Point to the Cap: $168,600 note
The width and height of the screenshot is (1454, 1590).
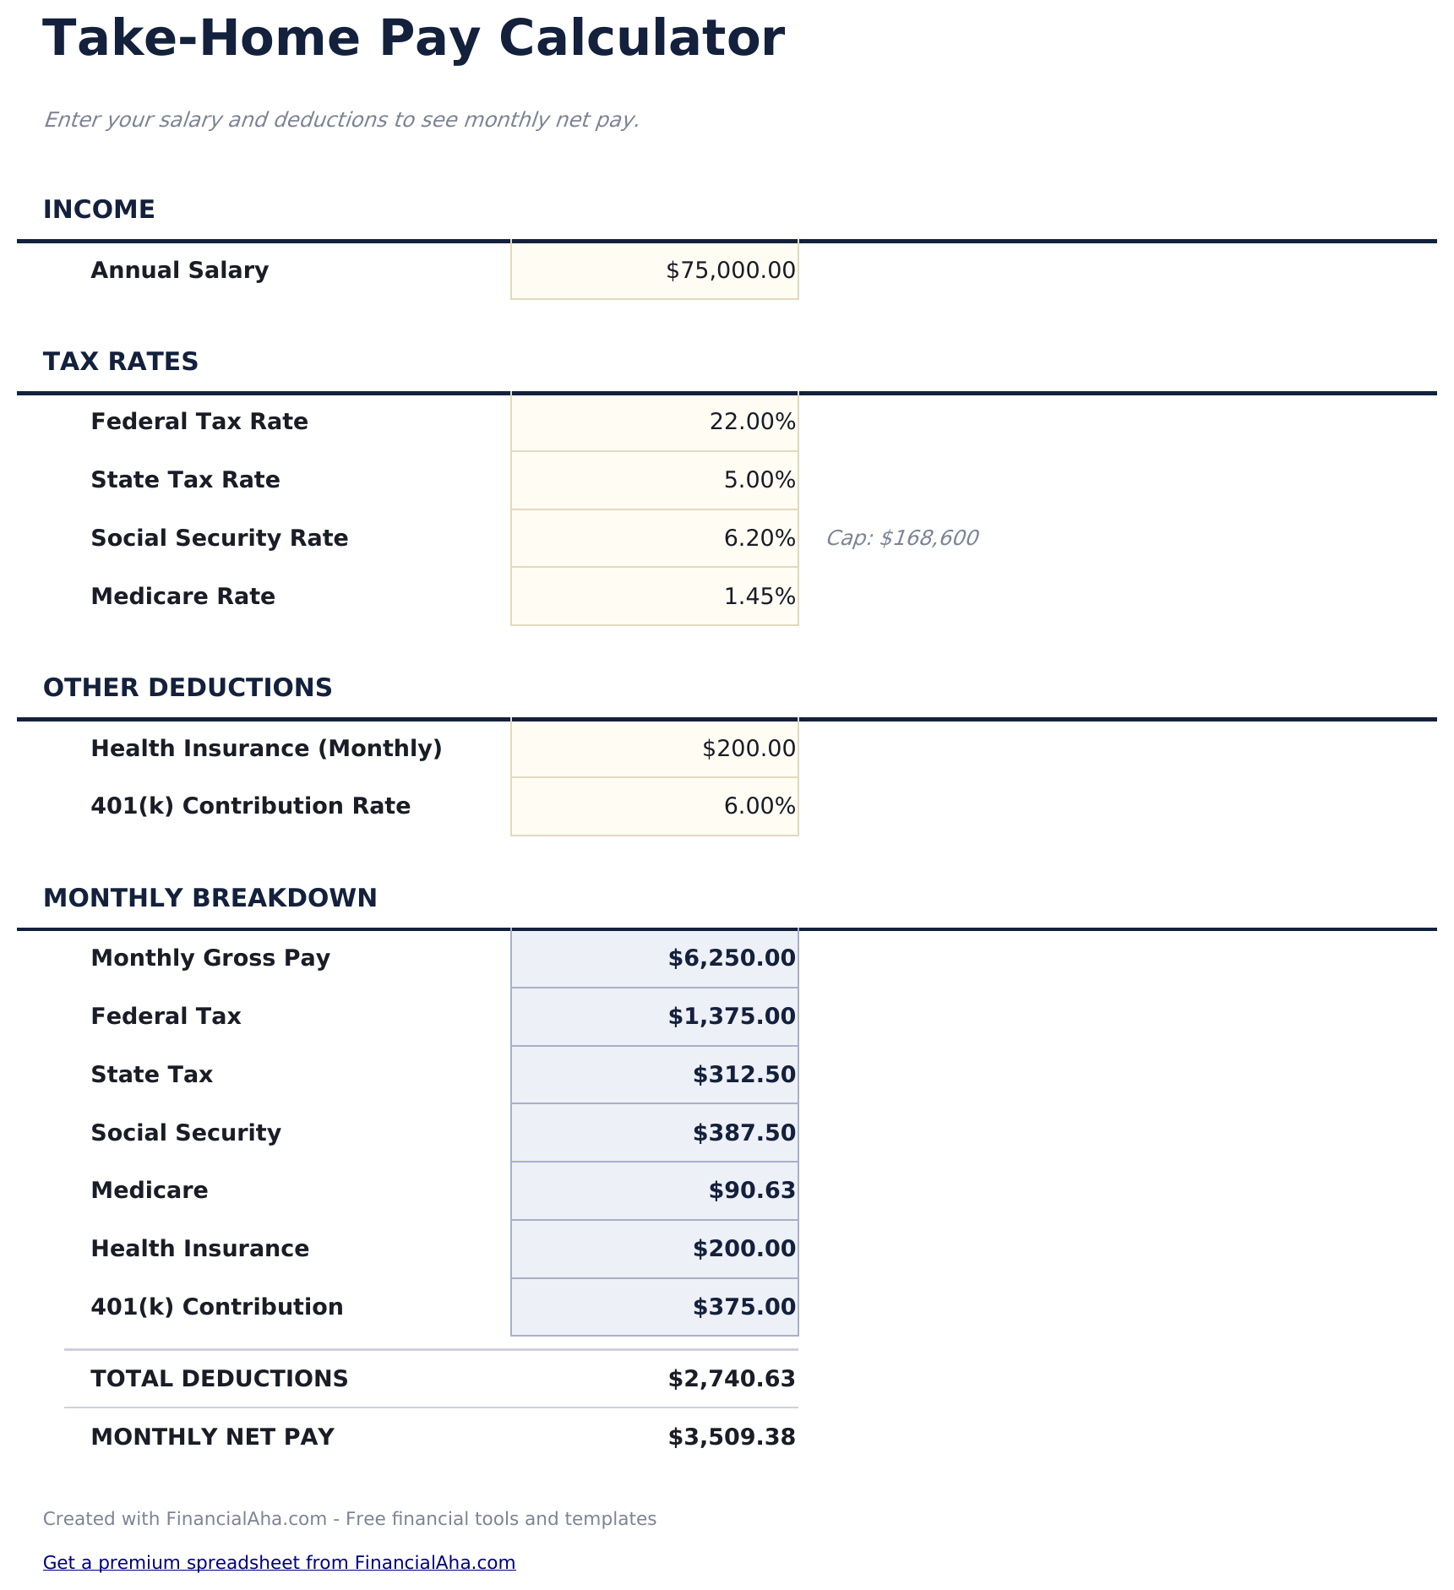901,538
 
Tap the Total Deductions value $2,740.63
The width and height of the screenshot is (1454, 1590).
732,1379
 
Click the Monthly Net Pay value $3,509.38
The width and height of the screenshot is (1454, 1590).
732,1437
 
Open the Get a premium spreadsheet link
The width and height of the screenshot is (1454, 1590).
279,1562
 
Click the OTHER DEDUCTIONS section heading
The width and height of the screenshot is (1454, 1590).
188,688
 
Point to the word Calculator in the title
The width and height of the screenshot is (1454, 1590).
641,39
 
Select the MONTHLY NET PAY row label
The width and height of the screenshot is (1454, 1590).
212,1437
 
